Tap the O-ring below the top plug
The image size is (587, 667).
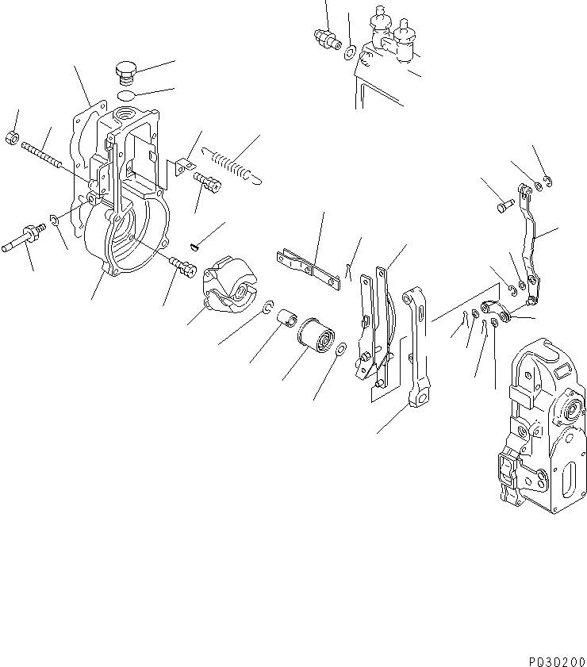pyautogui.click(x=125, y=96)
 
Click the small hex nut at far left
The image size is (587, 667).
pyautogui.click(x=12, y=137)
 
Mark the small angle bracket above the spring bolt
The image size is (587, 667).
pyautogui.click(x=183, y=167)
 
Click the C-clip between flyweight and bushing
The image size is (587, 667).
pyautogui.click(x=269, y=308)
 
